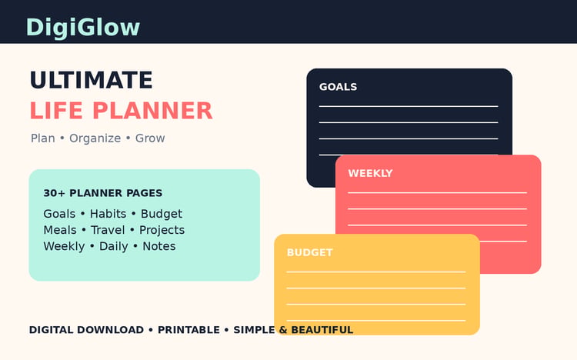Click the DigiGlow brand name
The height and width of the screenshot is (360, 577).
[x=83, y=28]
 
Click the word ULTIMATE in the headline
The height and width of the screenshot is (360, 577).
[x=92, y=80]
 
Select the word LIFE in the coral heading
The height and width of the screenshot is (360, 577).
[x=56, y=111]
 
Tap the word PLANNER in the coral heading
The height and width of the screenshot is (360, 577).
[x=153, y=111]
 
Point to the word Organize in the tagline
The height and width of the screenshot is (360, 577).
[x=95, y=138]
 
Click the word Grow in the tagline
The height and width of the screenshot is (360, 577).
[x=150, y=138]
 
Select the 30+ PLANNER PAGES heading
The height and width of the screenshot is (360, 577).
[x=102, y=193]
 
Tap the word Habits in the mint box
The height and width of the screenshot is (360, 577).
[x=108, y=214]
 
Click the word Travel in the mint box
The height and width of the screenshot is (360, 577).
[x=108, y=230]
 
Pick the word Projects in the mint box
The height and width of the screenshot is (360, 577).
[x=162, y=230]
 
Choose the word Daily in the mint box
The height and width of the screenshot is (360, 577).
[x=114, y=246]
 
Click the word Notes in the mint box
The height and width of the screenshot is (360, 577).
[x=159, y=246]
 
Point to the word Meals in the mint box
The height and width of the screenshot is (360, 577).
[x=60, y=230]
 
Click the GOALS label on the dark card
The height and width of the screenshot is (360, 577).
[x=339, y=87]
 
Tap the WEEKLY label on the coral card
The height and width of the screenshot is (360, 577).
[x=370, y=173]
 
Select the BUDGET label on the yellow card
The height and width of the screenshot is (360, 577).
[x=309, y=252]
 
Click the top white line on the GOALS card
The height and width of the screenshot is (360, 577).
[x=409, y=106]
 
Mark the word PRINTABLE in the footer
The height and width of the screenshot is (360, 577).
[x=188, y=330]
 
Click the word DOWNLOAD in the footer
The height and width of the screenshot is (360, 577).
[x=109, y=330]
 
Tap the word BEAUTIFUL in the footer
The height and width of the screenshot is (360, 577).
[x=322, y=330]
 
